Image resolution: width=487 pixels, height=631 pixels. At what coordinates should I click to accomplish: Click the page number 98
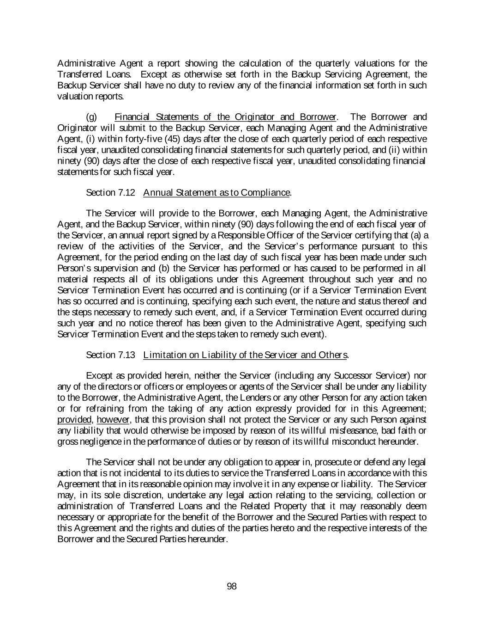[x=232, y=586]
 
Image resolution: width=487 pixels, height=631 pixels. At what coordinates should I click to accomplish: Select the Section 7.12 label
[x=111, y=192]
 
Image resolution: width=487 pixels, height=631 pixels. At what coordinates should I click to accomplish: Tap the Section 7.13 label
[x=111, y=355]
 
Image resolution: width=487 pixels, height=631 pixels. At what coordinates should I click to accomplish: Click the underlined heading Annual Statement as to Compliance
[x=217, y=192]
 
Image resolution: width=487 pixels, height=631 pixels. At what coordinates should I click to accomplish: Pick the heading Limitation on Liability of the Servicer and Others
[x=246, y=355]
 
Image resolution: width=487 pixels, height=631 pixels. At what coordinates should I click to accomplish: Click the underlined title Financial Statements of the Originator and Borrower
[x=226, y=116]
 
